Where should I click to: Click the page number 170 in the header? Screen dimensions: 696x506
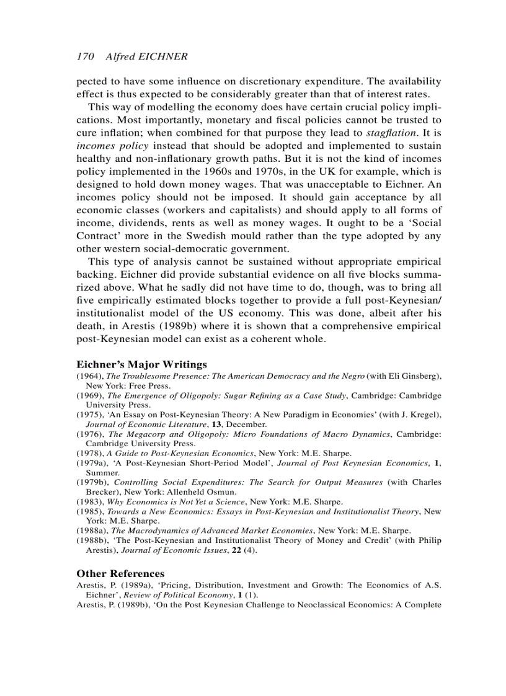click(85, 56)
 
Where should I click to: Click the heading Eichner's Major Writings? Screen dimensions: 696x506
click(141, 364)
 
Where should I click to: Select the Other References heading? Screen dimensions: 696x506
click(120, 573)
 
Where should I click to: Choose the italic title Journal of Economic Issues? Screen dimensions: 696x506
click(180, 550)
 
